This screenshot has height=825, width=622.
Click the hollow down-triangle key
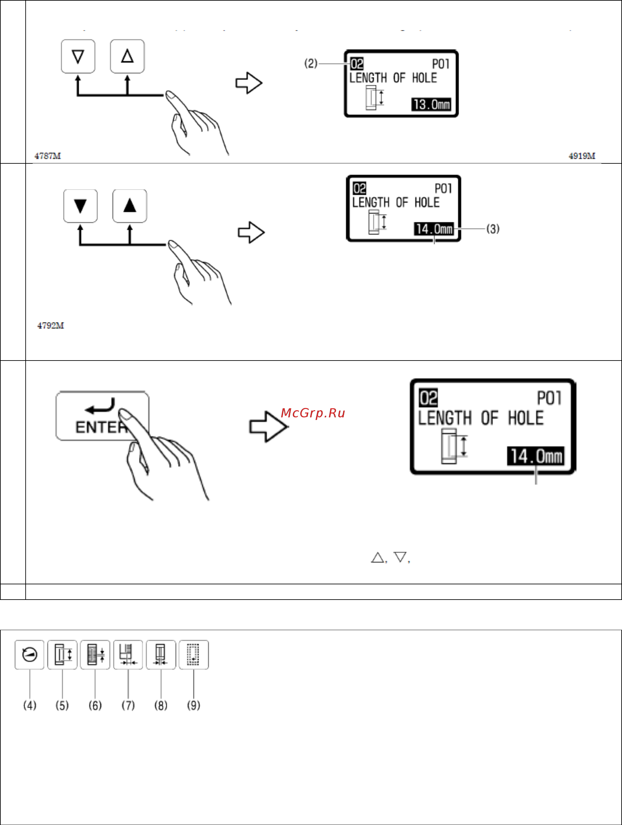(78, 56)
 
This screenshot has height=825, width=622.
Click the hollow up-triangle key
(127, 56)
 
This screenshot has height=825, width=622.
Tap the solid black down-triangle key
(81, 206)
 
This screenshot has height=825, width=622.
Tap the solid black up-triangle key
(130, 206)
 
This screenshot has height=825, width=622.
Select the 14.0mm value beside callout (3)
(434, 229)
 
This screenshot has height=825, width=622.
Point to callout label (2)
(311, 63)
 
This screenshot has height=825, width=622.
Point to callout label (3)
(493, 229)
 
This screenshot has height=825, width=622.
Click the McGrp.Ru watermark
(313, 413)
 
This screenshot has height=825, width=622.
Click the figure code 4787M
(48, 156)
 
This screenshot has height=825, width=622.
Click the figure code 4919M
(582, 156)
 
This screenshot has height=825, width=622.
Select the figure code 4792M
(51, 325)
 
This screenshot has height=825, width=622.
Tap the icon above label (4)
(30, 654)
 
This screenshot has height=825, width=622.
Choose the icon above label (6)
(95, 654)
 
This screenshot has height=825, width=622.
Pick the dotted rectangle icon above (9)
(194, 654)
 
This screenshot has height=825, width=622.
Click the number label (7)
(128, 705)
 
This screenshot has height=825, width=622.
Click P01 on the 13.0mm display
(441, 64)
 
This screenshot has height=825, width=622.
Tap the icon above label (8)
(161, 654)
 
